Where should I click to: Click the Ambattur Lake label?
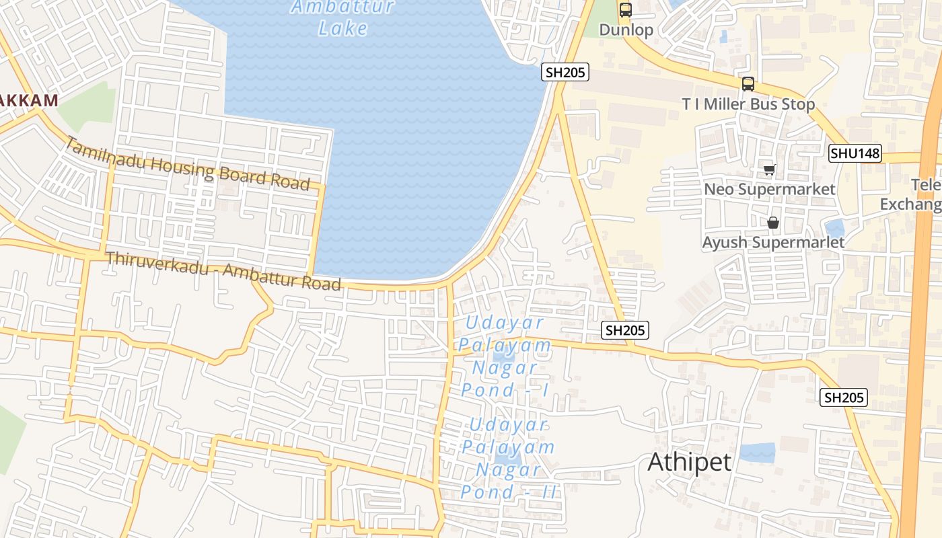pyautogui.click(x=342, y=18)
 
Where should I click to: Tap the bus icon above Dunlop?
pyautogui.click(x=626, y=10)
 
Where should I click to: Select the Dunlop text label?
pyautogui.click(x=626, y=30)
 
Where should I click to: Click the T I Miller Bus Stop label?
pyautogui.click(x=748, y=104)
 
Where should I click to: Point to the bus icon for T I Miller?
pyautogui.click(x=748, y=84)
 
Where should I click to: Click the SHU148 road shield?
pyautogui.click(x=855, y=153)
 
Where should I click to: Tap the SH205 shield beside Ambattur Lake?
pyautogui.click(x=565, y=72)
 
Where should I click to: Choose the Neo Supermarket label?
pyautogui.click(x=770, y=189)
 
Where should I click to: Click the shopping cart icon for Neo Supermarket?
pyautogui.click(x=769, y=170)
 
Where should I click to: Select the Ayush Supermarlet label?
pyautogui.click(x=773, y=242)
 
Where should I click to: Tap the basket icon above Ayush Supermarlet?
pyautogui.click(x=773, y=222)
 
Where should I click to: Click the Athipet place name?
pyautogui.click(x=689, y=462)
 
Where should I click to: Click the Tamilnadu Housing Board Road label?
pyautogui.click(x=188, y=165)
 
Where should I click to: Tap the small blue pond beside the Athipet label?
pyautogui.click(x=758, y=453)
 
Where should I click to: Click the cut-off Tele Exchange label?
pyautogui.click(x=915, y=194)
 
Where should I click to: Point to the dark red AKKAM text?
pyautogui.click(x=28, y=100)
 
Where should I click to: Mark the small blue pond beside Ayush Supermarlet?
pyautogui.click(x=834, y=229)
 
